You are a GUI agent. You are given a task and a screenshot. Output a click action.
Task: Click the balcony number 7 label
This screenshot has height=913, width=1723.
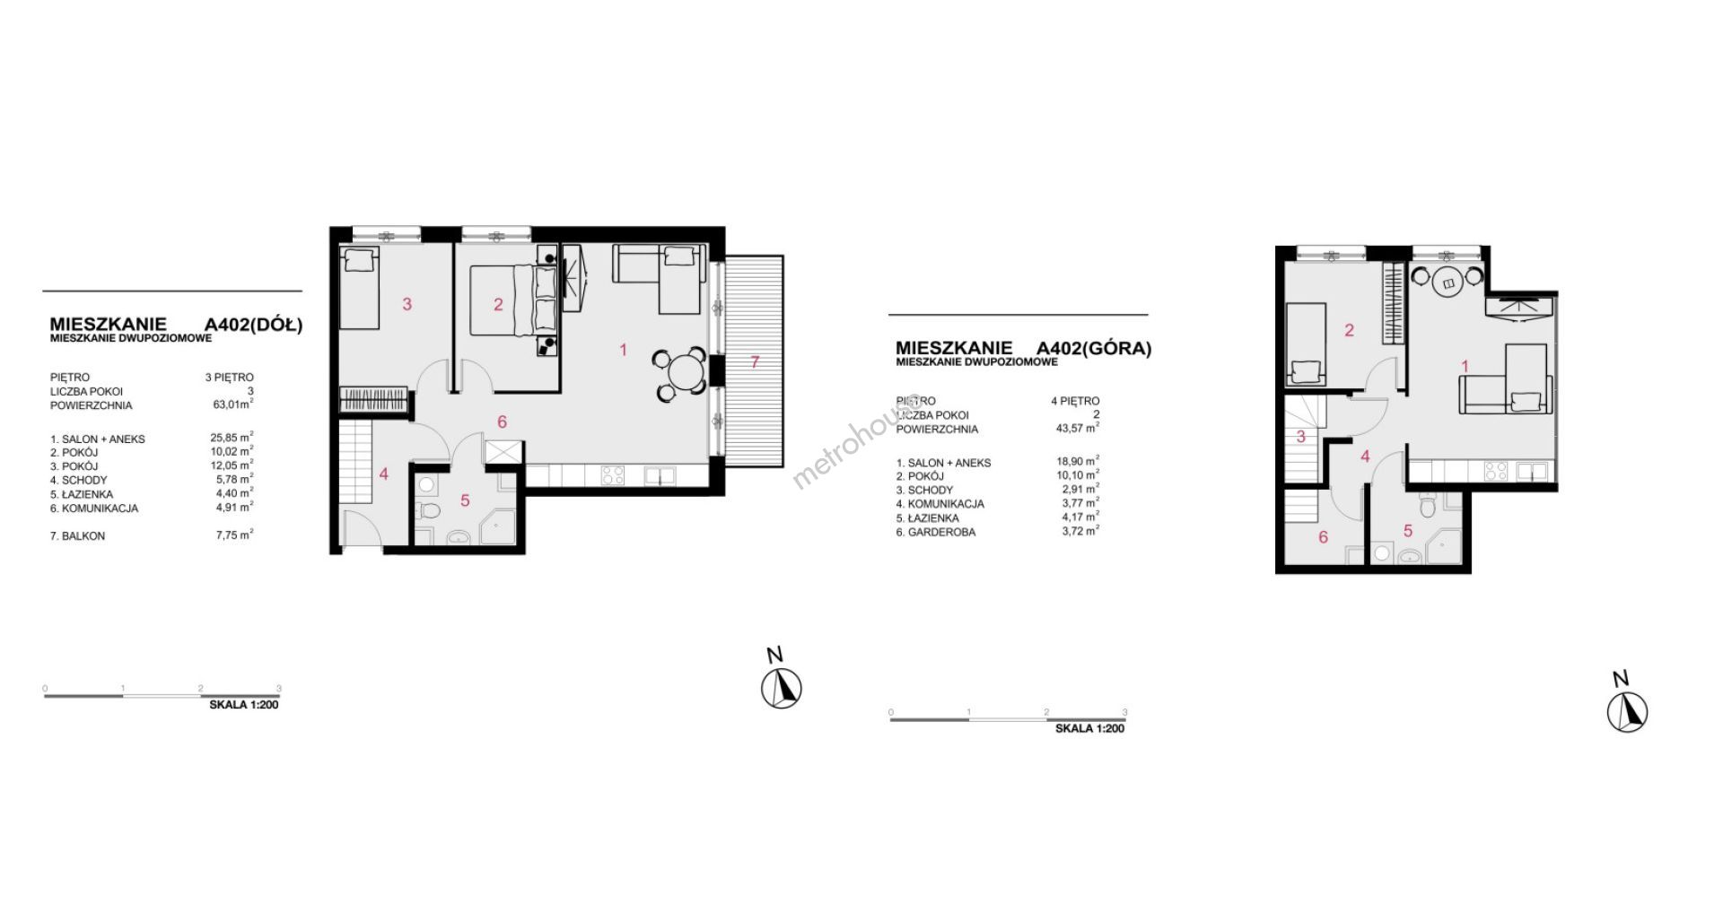point(755,362)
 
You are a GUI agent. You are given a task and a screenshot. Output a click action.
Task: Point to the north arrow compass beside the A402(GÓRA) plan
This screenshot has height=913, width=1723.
point(1626,713)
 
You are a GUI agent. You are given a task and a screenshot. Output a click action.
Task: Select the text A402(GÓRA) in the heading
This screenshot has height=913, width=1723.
point(1093,349)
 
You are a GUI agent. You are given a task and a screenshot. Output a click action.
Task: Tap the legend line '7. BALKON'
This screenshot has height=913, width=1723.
point(78,536)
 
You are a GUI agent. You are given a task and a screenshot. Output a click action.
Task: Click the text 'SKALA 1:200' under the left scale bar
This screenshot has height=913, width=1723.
point(244,705)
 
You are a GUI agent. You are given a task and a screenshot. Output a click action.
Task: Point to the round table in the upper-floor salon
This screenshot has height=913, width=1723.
point(1448,283)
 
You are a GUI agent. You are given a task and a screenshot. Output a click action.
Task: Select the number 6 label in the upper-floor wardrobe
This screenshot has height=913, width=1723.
point(1323,538)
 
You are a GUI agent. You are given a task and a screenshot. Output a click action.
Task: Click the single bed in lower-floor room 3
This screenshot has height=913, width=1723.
point(360,288)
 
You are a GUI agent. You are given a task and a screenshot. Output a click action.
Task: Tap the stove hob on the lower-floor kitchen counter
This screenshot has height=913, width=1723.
point(613,474)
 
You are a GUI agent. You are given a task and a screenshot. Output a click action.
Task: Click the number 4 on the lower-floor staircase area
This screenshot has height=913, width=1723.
point(384,474)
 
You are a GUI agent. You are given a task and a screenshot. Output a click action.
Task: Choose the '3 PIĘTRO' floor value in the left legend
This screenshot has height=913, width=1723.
point(229,378)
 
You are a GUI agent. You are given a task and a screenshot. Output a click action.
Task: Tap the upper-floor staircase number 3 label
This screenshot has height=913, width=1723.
point(1301,437)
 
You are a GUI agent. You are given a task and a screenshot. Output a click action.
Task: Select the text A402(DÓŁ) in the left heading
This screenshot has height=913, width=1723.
point(254,325)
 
